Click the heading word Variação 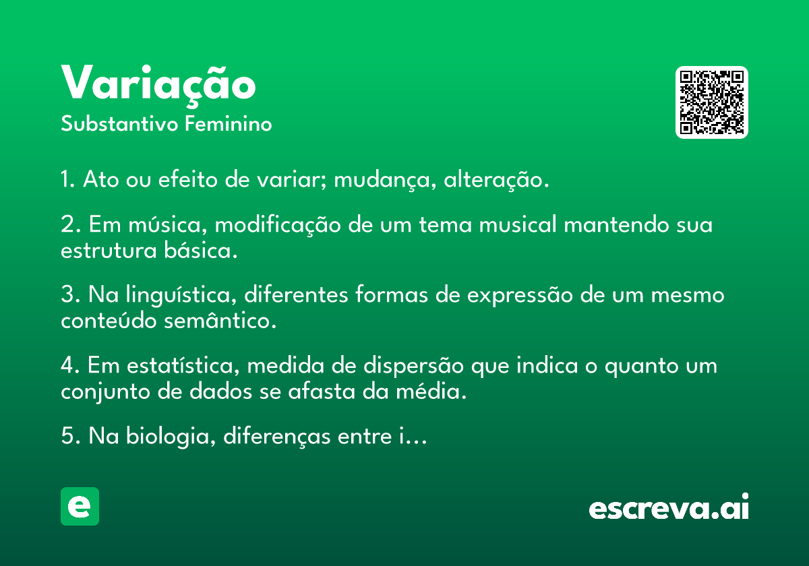tap(158, 85)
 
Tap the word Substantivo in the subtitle tap(119, 123)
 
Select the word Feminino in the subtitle tap(229, 123)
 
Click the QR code tap(711, 102)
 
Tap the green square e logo tap(80, 506)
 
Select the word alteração tap(496, 179)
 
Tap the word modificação tap(278, 224)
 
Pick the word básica tap(201, 250)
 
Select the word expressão tap(520, 296)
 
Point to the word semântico tap(220, 321)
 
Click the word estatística tap(183, 365)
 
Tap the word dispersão tap(413, 366)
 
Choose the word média tap(431, 391)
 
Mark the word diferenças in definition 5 tap(276, 437)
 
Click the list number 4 tap(70, 365)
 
